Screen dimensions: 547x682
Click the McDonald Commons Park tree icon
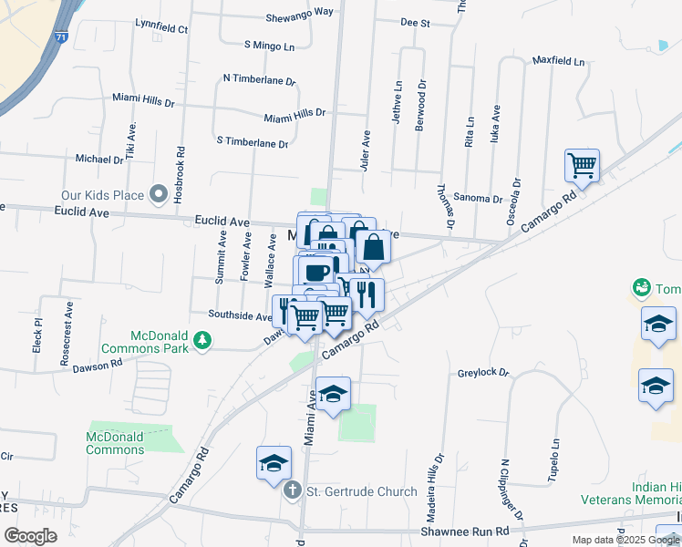201,343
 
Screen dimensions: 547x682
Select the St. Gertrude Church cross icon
292,491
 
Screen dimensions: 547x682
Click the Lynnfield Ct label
160,29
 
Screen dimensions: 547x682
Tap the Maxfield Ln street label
558,62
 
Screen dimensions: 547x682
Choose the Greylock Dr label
482,373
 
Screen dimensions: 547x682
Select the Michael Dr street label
98,159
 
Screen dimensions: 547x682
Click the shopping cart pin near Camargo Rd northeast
582,167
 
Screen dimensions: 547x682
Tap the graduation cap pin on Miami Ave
334,394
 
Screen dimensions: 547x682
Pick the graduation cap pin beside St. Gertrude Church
274,463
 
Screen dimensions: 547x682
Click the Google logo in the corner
30,536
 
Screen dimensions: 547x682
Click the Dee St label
415,23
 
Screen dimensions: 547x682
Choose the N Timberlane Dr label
259,79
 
